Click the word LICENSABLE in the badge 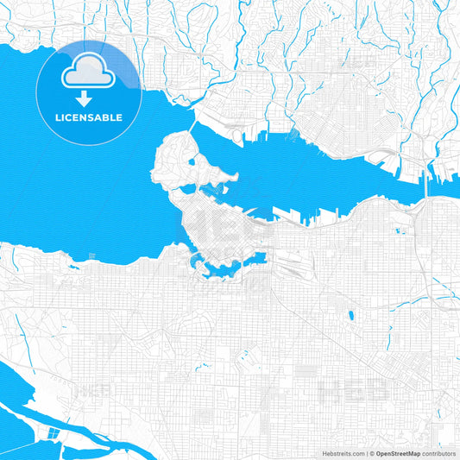point(89,117)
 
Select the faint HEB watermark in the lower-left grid point(93,390)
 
